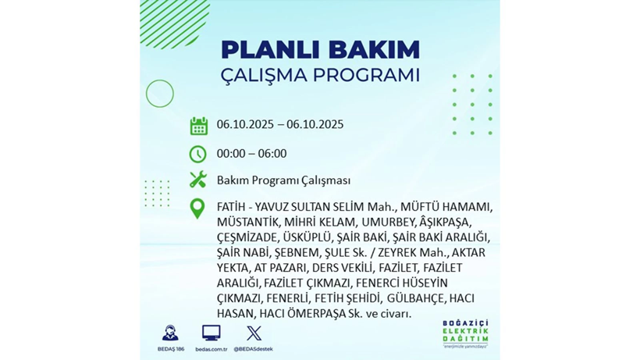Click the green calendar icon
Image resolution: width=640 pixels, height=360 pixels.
tap(198, 126)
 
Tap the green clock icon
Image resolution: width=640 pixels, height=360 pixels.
tap(198, 154)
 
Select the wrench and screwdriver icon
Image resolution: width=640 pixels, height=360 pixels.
tap(198, 180)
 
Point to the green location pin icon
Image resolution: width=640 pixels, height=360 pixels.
tap(198, 208)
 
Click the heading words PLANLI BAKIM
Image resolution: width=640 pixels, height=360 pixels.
tap(320, 49)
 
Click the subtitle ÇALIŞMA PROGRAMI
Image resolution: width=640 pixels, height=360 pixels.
tap(320, 75)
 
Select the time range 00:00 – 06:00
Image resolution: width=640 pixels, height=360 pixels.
tap(251, 154)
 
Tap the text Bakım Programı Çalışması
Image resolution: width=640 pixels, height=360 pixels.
tap(283, 180)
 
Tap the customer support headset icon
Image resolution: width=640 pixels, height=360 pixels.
tap(169, 333)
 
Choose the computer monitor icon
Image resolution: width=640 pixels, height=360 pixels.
tap(211, 333)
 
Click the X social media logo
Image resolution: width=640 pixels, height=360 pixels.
tap(254, 333)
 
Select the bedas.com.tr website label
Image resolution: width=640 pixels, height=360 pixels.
tap(211, 349)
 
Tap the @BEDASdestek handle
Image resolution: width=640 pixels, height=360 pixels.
tap(254, 349)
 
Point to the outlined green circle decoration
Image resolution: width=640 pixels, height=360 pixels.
tap(160, 94)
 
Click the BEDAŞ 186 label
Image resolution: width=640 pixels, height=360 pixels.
tap(169, 349)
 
